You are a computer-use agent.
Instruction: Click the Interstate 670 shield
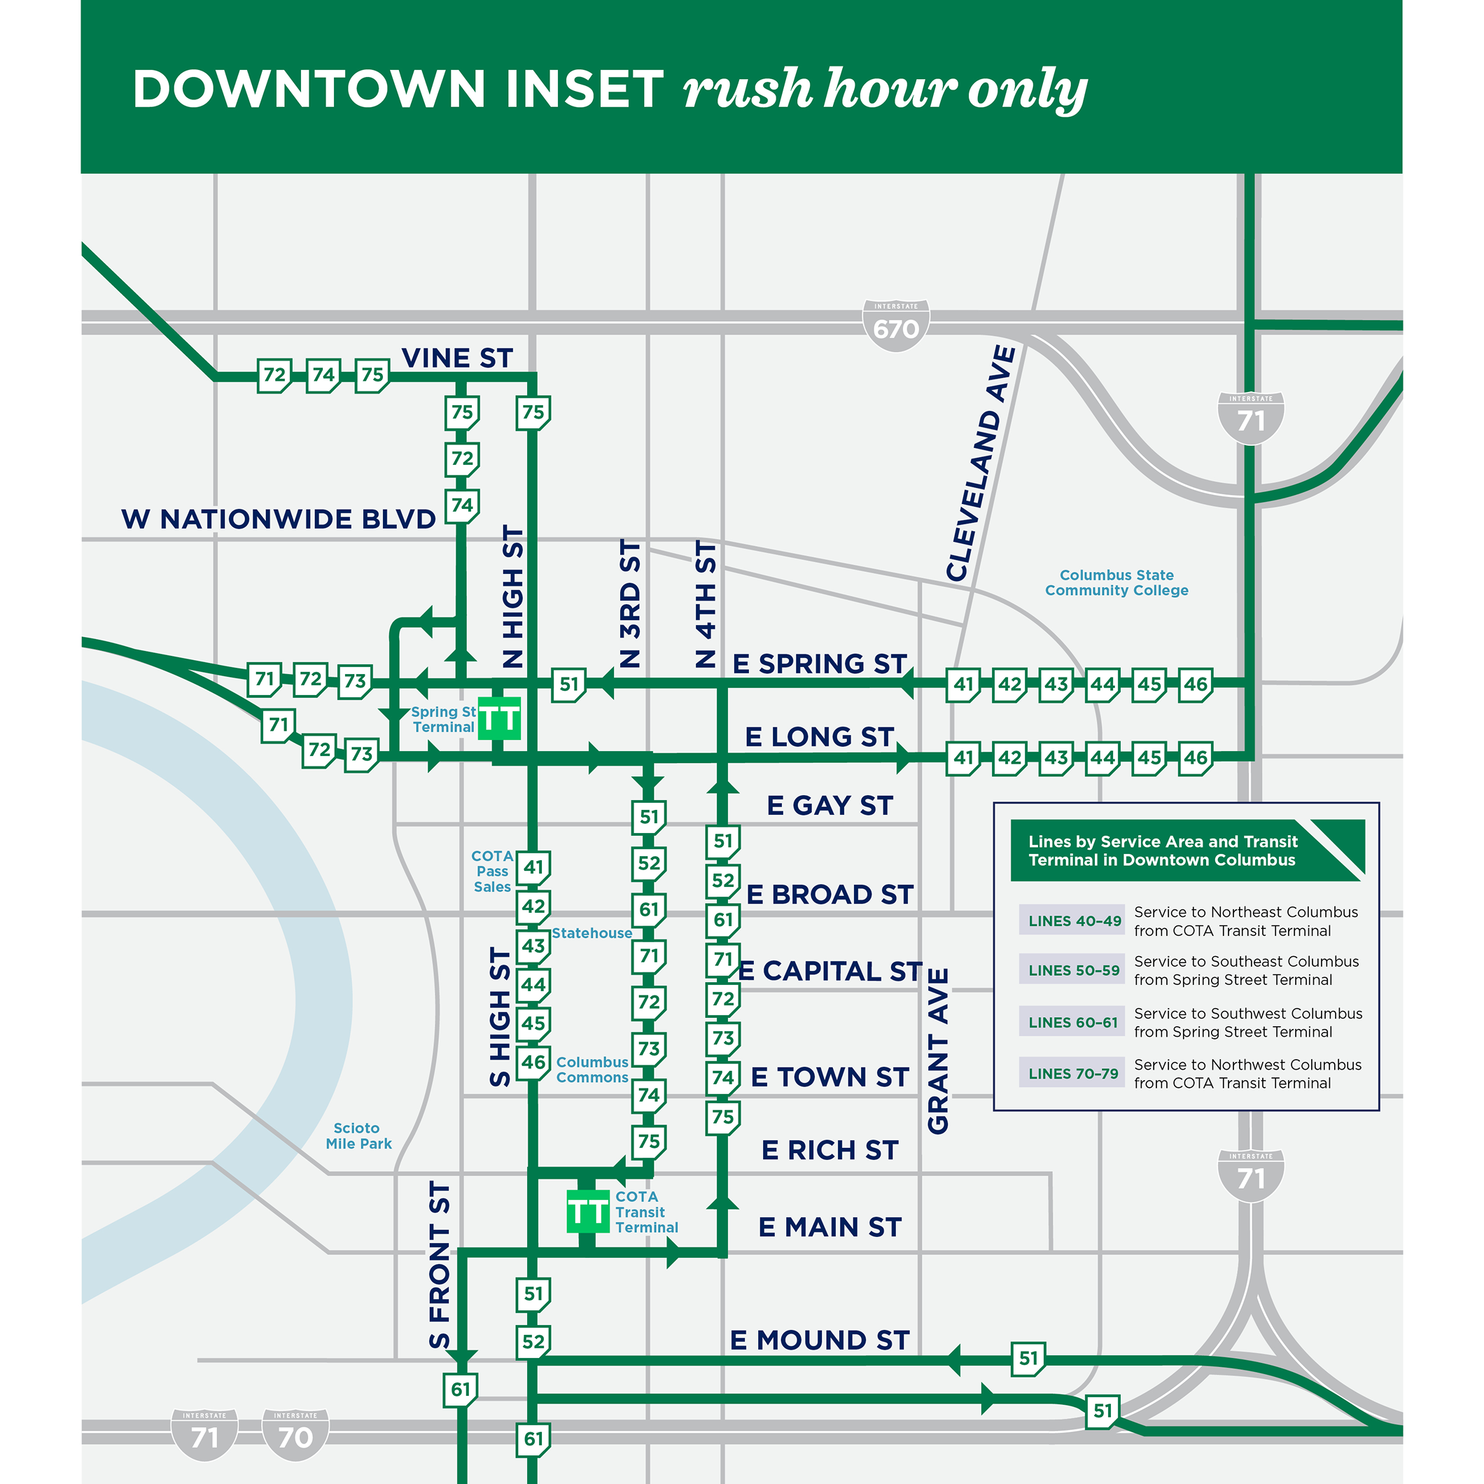click(x=895, y=325)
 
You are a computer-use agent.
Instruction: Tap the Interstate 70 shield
click(x=295, y=1434)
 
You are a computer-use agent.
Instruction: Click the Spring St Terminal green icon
click(x=499, y=719)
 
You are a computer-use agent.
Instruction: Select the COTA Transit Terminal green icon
click(x=587, y=1211)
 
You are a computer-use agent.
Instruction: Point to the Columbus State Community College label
click(x=1116, y=582)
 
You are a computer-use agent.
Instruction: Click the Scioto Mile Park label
click(x=358, y=1135)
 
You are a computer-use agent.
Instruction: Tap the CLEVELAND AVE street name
click(x=981, y=463)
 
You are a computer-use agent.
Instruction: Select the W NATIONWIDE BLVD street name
click(x=278, y=519)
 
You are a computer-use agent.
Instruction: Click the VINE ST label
click(x=457, y=358)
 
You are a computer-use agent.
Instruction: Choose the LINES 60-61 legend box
click(x=1072, y=1021)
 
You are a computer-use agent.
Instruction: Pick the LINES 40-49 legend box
click(x=1073, y=920)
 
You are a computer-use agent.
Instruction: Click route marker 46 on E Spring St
click(x=1195, y=684)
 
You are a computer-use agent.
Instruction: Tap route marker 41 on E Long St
click(x=963, y=758)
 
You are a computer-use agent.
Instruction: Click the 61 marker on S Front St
click(x=461, y=1389)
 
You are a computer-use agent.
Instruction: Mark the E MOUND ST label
click(x=820, y=1340)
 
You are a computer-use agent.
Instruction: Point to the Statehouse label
click(x=591, y=933)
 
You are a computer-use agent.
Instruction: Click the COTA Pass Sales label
click(x=492, y=871)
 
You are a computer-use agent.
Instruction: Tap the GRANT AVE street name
click(x=938, y=1050)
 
